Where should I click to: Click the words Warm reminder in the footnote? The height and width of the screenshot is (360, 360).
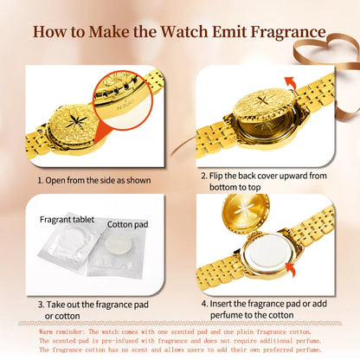[x=62, y=331]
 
